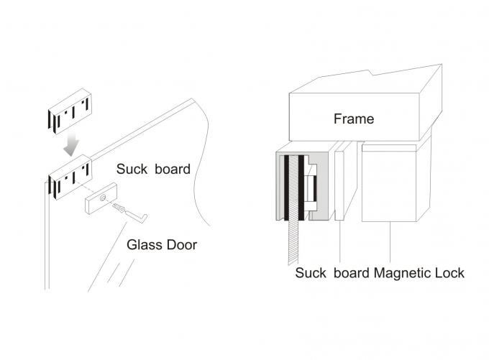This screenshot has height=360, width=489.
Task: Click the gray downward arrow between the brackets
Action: pos(70,146)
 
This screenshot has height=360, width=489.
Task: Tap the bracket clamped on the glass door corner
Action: pos(69,177)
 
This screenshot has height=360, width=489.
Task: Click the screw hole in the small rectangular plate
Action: pos(104,198)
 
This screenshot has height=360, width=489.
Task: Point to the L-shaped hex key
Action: pos(141,215)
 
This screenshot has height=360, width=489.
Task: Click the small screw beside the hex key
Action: pos(119,208)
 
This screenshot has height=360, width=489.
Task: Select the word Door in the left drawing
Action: pos(180,244)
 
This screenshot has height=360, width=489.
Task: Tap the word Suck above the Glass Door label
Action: pos(132,170)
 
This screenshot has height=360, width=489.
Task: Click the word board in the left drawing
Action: pos(173,170)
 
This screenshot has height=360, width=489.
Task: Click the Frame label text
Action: pos(354,119)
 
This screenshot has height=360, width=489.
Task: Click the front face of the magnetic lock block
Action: pos(389,185)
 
